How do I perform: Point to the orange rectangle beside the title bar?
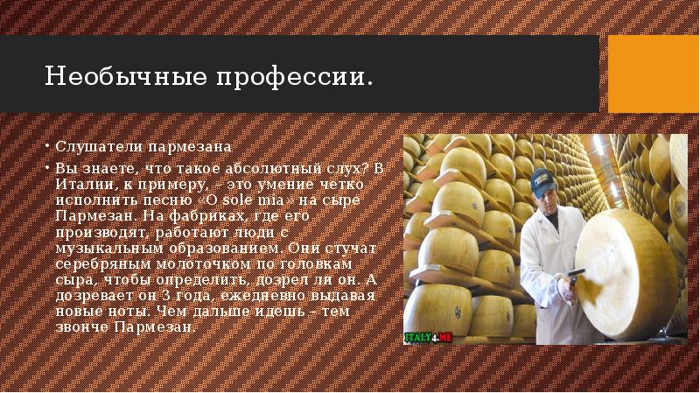tap(654, 75)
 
